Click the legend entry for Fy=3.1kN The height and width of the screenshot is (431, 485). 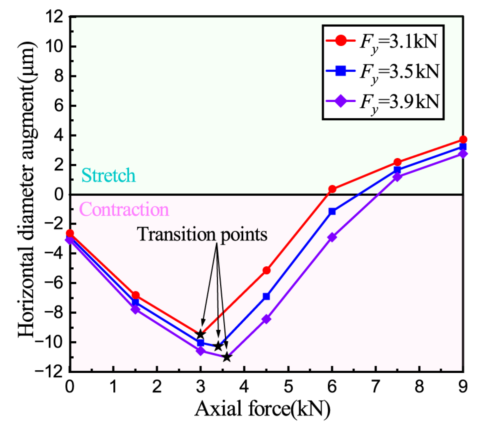[x=383, y=42]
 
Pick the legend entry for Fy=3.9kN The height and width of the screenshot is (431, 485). [x=383, y=101]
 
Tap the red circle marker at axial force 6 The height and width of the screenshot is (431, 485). [x=332, y=189]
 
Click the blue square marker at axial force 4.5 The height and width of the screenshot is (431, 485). [x=266, y=296]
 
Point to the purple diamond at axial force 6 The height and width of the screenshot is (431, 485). [x=332, y=237]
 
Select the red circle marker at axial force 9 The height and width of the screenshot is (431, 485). [x=463, y=139]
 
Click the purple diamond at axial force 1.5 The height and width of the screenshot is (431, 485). [x=135, y=309]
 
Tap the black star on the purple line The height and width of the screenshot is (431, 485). [x=226, y=357]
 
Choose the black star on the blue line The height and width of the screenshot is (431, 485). [x=218, y=347]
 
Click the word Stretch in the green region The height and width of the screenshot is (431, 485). [x=108, y=175]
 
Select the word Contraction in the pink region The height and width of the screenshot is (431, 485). [x=124, y=210]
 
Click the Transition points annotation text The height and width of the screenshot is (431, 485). [x=202, y=234]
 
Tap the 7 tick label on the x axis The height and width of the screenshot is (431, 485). [x=376, y=387]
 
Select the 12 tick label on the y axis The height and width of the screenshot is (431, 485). [x=54, y=17]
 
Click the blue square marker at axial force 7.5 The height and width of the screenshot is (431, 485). [x=397, y=170]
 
